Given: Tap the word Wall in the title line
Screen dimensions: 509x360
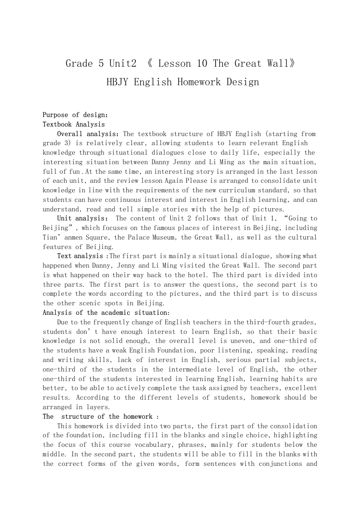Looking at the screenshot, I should pyautogui.click(x=276, y=64).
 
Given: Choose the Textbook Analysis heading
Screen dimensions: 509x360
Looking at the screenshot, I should pyautogui.click(x=74, y=124).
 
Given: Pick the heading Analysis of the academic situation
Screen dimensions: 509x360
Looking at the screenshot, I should pyautogui.click(x=106, y=313).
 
